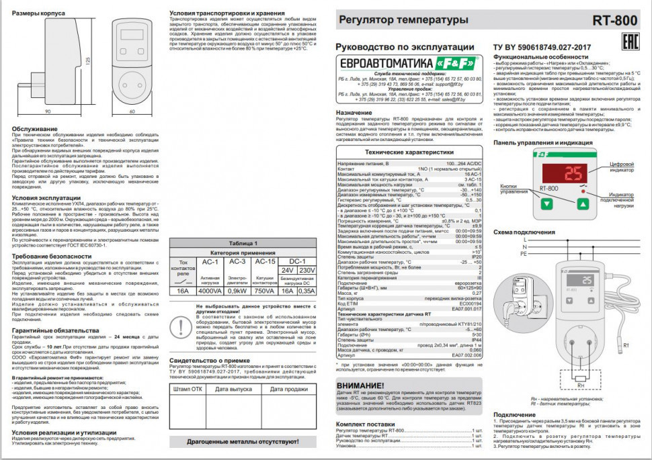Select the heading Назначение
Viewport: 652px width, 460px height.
(359, 112)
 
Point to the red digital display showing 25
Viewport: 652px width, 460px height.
(573, 175)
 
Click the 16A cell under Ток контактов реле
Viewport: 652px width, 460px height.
(181, 291)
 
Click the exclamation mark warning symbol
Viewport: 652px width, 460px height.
(181, 326)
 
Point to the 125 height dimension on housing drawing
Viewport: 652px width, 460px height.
(88, 60)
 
